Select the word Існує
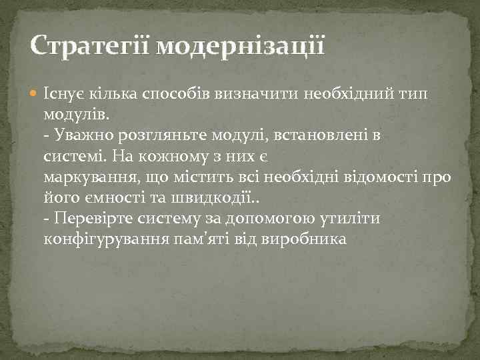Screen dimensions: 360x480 pos(63,94)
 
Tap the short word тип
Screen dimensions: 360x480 pos(416,94)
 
